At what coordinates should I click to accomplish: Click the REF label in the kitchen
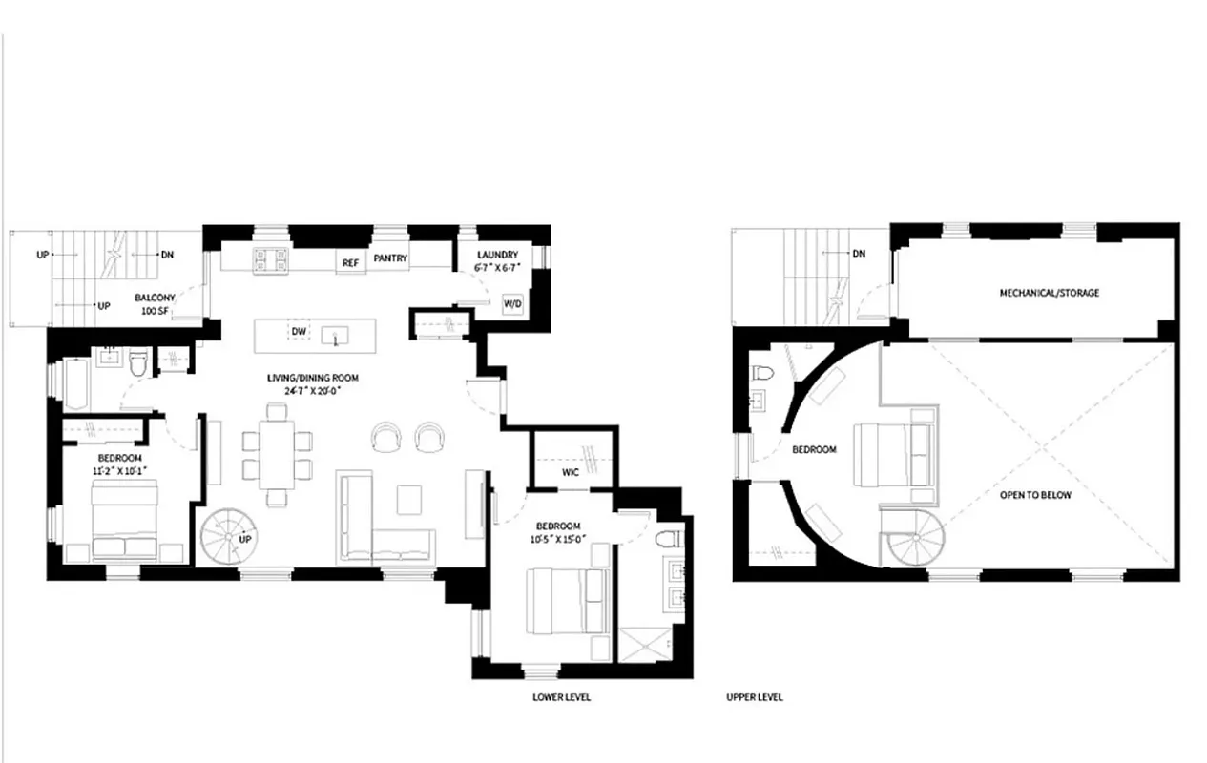tap(350, 262)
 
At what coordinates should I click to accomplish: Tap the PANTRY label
tap(390, 258)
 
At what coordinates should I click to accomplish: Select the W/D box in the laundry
tap(512, 303)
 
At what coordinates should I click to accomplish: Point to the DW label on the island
tap(299, 331)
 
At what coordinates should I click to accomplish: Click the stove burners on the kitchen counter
tap(270, 258)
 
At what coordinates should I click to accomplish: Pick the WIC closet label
tap(571, 472)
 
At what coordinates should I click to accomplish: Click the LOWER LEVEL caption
tap(561, 697)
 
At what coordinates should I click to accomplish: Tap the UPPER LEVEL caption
tap(755, 697)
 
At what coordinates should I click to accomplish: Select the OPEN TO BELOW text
tap(1035, 495)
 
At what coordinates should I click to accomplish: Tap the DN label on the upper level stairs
tap(859, 254)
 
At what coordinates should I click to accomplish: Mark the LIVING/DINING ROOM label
tap(312, 384)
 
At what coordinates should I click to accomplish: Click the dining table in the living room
tap(278, 453)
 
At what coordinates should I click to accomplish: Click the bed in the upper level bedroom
tap(892, 454)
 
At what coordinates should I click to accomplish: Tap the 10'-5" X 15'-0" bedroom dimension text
tap(557, 539)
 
